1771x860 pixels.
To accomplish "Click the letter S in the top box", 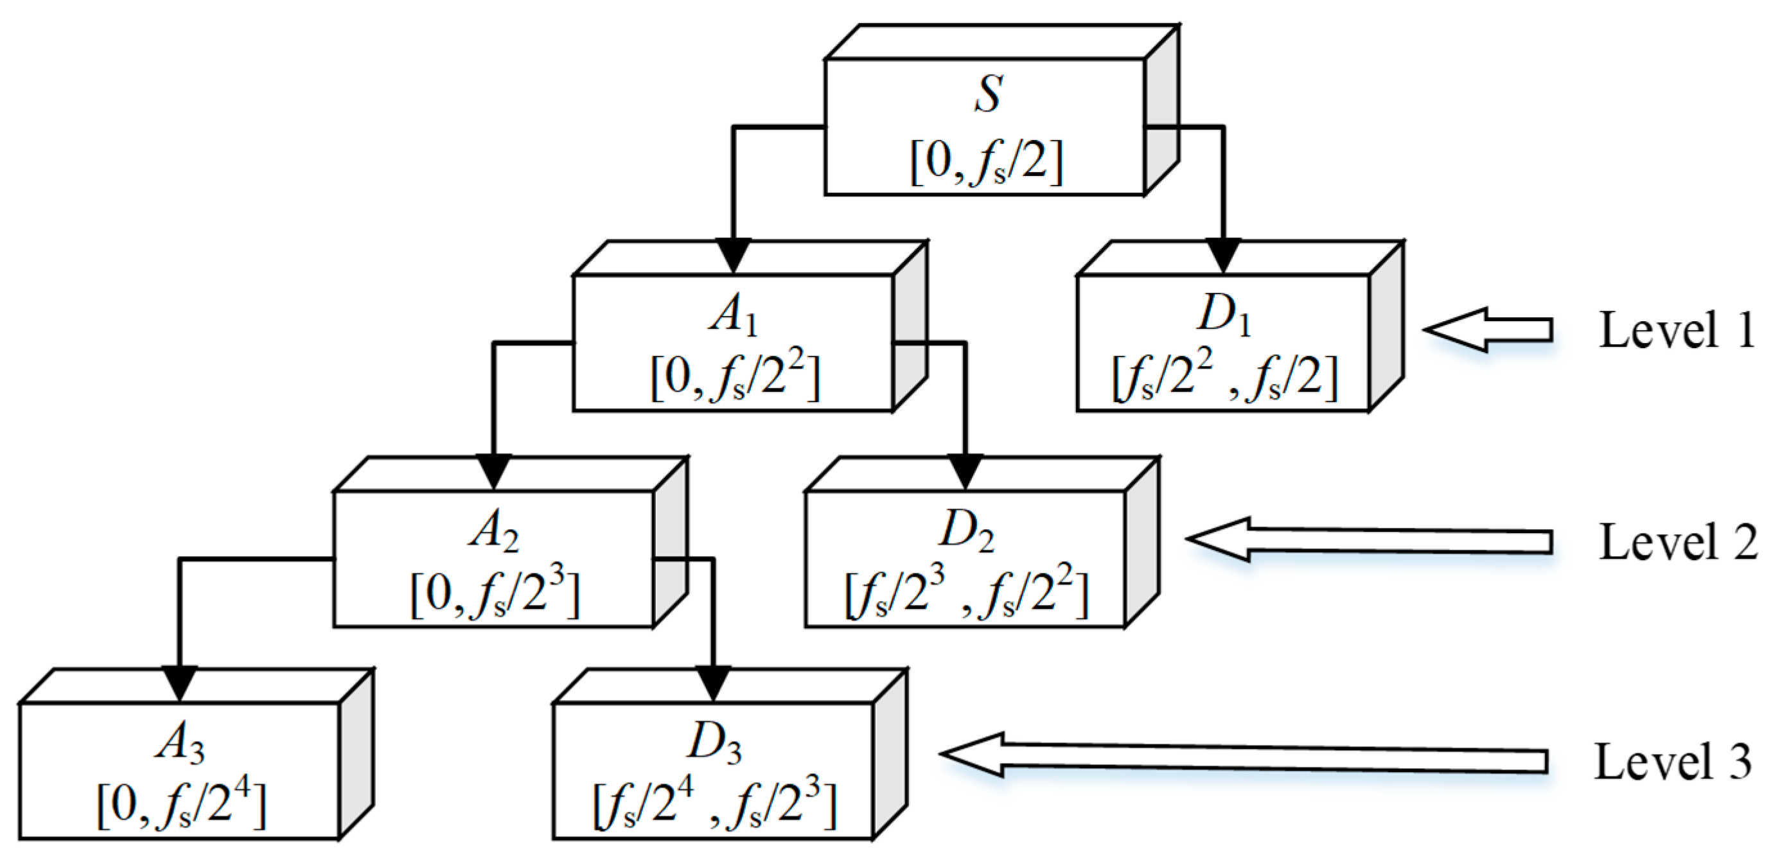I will click(x=987, y=94).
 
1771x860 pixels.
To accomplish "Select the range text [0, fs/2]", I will click(x=986, y=162).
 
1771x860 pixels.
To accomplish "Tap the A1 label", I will click(x=733, y=317).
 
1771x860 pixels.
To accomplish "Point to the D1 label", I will click(x=1224, y=316).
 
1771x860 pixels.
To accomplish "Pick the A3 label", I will click(x=179, y=745).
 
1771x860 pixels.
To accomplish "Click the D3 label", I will click(x=714, y=745).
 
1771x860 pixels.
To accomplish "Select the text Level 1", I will click(x=1676, y=331).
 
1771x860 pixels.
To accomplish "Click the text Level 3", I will click(x=1673, y=762).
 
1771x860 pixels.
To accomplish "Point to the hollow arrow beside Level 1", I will click(x=1488, y=330).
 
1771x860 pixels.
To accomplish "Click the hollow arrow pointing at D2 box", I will click(x=1368, y=540).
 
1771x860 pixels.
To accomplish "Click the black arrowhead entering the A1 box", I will click(x=733, y=256).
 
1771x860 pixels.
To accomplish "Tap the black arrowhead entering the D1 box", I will click(x=1224, y=256).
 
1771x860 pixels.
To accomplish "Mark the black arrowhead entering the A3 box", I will click(x=179, y=683).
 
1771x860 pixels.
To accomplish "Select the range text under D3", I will click(x=714, y=805).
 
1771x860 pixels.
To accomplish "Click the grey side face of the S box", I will click(x=1162, y=110).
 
